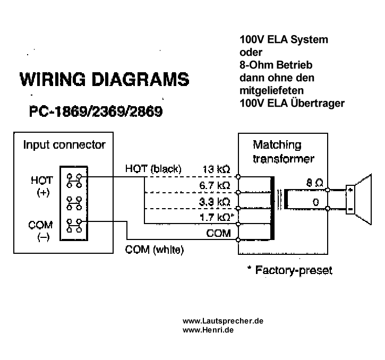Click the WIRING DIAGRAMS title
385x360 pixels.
tap(104, 80)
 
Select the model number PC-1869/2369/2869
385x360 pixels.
tap(96, 113)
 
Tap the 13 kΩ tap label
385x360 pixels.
tap(216, 170)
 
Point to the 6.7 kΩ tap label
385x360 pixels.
tap(215, 185)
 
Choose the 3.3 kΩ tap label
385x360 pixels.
tap(215, 202)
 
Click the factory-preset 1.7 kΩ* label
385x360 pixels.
tap(217, 218)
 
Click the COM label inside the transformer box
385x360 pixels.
tap(219, 233)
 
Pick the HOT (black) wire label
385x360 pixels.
tap(153, 169)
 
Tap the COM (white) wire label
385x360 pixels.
tap(154, 249)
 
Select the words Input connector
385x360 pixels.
tap(64, 144)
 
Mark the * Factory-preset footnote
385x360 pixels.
tap(289, 270)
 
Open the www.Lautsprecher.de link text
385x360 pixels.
tap(223, 321)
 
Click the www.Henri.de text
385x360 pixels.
tap(208, 330)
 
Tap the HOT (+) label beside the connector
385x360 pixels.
tap(42, 186)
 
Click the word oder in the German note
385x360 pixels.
tap(251, 52)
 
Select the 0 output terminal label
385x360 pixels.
tap(316, 202)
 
